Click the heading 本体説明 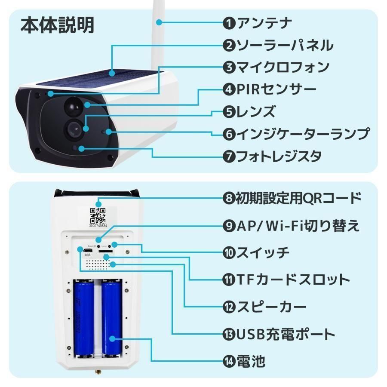[x=57, y=26]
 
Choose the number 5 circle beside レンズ [x=229, y=112]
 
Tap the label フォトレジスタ [x=279, y=156]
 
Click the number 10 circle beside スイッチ [x=229, y=252]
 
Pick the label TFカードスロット [x=293, y=279]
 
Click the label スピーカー [x=271, y=307]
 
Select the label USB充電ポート [x=286, y=334]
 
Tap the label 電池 [x=251, y=361]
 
